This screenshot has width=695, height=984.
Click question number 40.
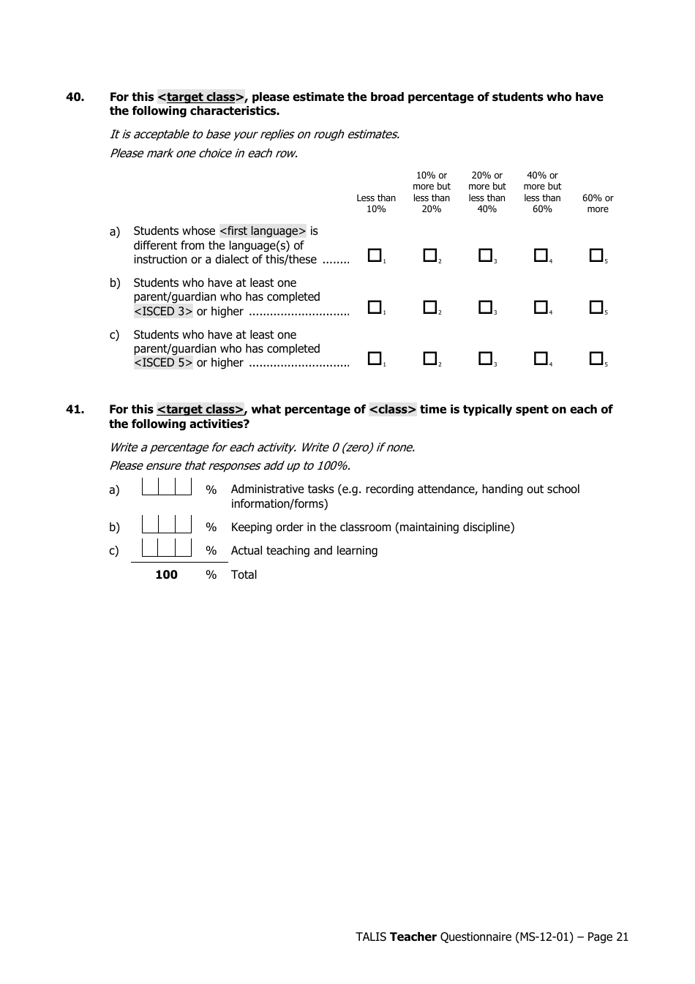point(75,97)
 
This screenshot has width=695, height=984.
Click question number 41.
point(75,410)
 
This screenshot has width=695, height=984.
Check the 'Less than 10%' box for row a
point(375,255)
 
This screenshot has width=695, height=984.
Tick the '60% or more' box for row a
point(596,255)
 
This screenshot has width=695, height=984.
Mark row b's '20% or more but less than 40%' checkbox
point(485,307)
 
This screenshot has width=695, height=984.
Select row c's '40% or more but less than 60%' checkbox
point(541,358)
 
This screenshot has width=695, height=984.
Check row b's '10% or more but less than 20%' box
point(430,307)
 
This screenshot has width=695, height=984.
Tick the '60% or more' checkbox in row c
point(596,358)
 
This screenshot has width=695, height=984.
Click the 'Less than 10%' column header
point(376,203)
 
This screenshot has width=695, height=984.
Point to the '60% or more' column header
point(598,203)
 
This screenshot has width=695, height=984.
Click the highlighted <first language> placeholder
point(263,231)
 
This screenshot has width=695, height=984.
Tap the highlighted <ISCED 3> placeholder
point(163,312)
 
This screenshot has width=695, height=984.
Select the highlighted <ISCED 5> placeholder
point(163,363)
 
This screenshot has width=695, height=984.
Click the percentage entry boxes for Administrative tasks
point(167,487)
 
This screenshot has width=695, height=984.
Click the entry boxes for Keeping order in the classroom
point(167,525)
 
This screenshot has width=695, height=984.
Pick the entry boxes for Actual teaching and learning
point(167,548)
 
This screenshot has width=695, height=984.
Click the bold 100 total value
point(167,575)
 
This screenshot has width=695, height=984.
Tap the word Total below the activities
point(244,575)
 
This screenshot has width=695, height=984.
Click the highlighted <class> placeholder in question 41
point(393,410)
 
